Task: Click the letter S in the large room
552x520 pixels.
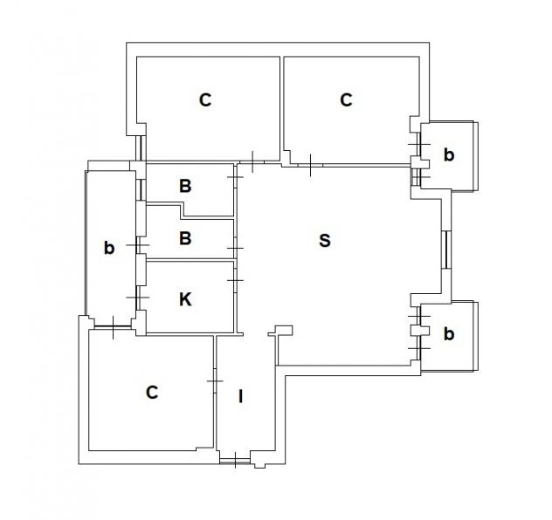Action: click(325, 241)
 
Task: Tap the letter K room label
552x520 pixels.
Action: click(185, 299)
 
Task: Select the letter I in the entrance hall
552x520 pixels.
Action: click(241, 396)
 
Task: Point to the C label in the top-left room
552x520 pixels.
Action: click(205, 99)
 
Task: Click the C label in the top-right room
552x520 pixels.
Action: click(346, 99)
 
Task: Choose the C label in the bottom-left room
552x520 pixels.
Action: click(152, 393)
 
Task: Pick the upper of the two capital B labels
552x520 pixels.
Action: click(185, 186)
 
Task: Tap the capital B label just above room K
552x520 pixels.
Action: click(185, 238)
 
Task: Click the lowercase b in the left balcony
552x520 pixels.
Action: click(109, 248)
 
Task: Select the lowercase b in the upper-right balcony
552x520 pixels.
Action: click(449, 154)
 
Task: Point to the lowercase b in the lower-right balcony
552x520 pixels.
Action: click(449, 333)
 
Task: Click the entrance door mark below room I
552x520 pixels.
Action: click(235, 460)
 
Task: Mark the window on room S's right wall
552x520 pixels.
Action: click(446, 250)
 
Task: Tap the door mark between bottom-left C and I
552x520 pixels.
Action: click(214, 381)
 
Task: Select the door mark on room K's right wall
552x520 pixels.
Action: click(236, 280)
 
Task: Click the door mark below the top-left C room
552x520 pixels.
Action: click(252, 161)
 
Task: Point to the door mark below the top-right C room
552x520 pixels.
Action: click(310, 165)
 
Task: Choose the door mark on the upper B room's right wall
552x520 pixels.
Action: click(235, 176)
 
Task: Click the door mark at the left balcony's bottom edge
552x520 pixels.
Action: click(113, 328)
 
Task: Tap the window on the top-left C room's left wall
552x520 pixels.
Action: click(141, 148)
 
